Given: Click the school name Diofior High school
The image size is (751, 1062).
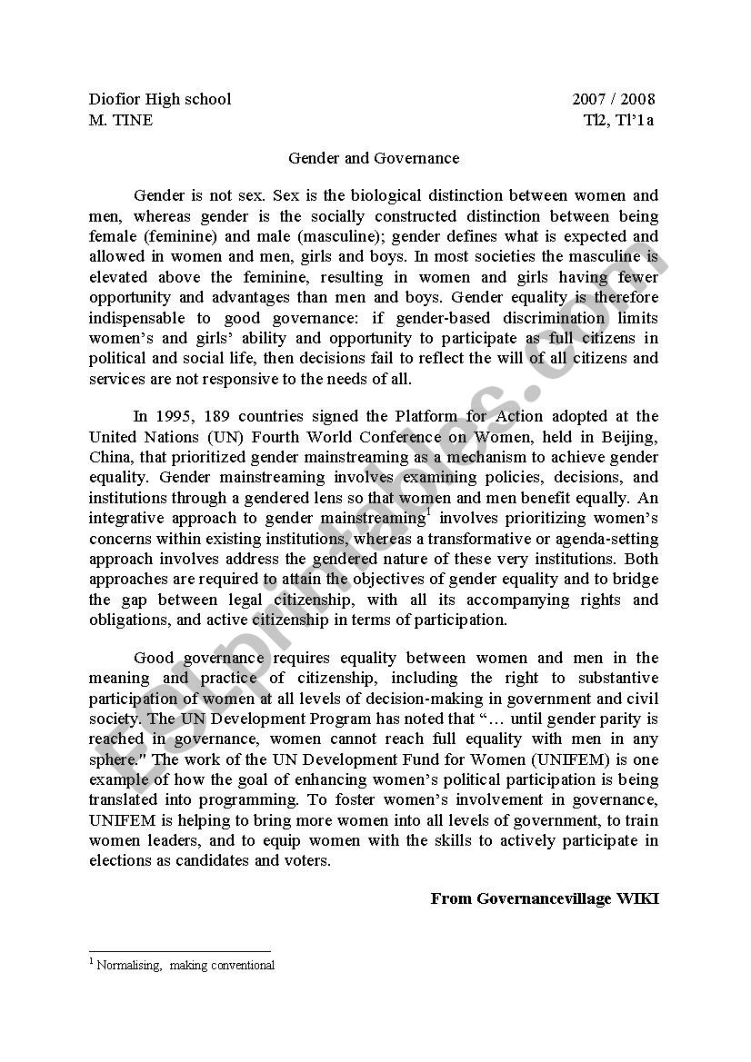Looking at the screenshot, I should click(160, 99).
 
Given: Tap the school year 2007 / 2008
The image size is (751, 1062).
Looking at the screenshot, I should click(613, 99).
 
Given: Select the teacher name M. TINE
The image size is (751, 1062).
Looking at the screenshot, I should click(121, 120).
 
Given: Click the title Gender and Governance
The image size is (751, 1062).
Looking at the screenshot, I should click(374, 158).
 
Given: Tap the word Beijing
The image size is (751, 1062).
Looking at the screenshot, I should click(631, 436).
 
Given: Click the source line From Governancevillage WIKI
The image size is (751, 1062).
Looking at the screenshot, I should click(544, 898).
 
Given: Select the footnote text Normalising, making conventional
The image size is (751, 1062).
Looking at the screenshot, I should click(185, 966).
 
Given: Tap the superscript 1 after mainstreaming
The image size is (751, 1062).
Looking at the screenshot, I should click(427, 512).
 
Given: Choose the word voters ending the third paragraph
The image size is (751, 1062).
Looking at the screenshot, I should click(306, 860).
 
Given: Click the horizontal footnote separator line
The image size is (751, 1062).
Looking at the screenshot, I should click(180, 951).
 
